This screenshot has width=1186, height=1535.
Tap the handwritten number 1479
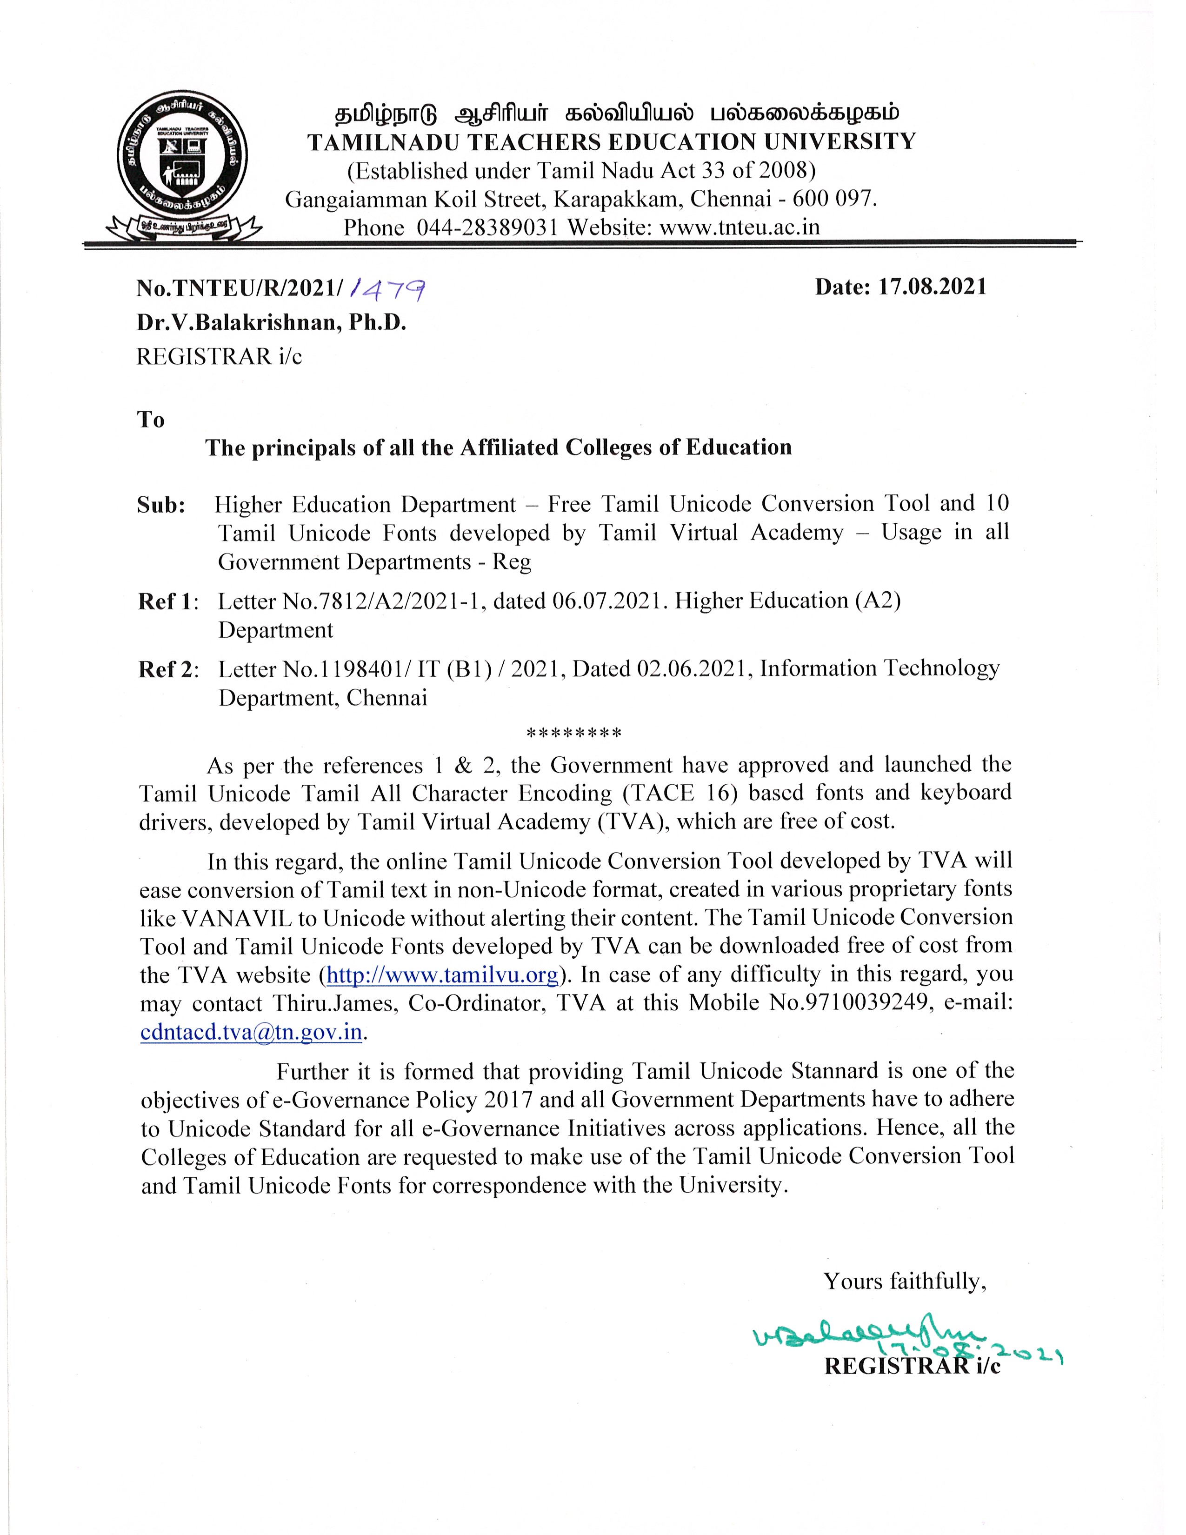tap(388, 288)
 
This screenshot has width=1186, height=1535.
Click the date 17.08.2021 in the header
tap(933, 286)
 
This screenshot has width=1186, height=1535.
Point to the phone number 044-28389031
tap(487, 228)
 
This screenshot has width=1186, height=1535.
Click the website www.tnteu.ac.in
tap(740, 228)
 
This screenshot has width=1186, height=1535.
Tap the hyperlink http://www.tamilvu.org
tap(443, 975)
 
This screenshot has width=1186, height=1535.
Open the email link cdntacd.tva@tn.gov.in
tap(252, 1032)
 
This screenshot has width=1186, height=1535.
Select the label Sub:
tap(161, 505)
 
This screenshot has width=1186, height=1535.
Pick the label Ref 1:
tap(168, 601)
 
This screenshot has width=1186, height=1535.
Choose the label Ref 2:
tap(168, 669)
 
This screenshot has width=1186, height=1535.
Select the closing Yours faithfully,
tap(905, 1281)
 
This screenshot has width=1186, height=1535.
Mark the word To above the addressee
tap(150, 420)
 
